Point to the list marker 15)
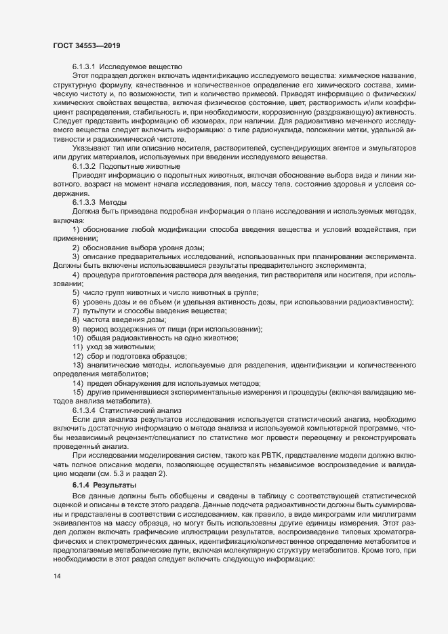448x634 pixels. point(78,392)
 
